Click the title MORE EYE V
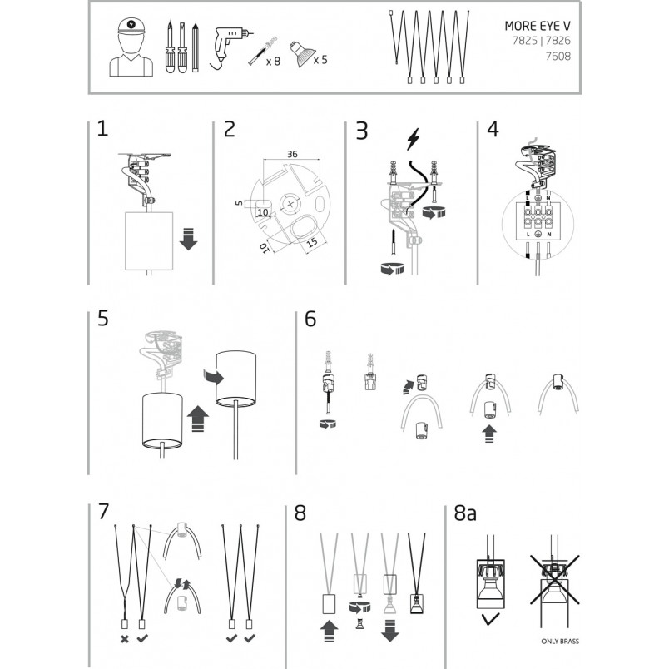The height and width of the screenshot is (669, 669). [x=538, y=26]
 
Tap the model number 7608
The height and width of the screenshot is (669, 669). [x=558, y=56]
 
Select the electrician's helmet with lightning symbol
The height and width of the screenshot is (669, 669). [x=131, y=27]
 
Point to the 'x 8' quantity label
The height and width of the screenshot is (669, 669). [x=273, y=62]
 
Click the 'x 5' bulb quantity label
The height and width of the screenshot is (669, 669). [x=320, y=60]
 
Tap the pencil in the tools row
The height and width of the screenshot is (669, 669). [x=196, y=47]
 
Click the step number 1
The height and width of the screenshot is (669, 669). [x=102, y=128]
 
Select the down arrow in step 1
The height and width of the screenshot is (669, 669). [x=188, y=239]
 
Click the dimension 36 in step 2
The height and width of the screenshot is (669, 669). [x=292, y=154]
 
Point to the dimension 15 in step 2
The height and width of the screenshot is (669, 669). [x=312, y=242]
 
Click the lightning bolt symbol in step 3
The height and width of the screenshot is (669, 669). [x=413, y=139]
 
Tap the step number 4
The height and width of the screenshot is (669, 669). [x=493, y=129]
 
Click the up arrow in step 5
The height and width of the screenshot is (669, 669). [x=198, y=419]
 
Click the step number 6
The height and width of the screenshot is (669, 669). [x=310, y=320]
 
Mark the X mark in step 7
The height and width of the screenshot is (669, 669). [x=125, y=639]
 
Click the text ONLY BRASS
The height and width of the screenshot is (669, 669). [x=560, y=642]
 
